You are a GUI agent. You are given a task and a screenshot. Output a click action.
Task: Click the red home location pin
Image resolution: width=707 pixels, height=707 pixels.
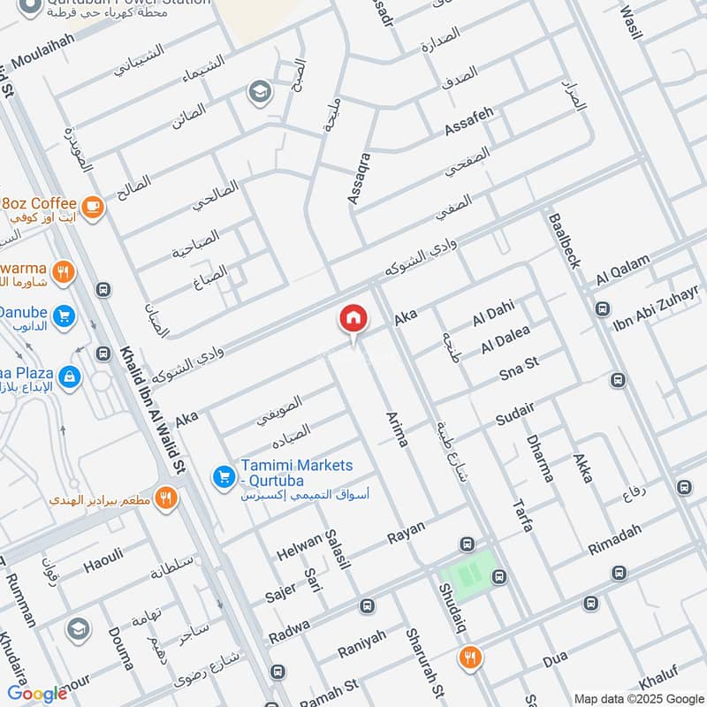[x=353, y=319]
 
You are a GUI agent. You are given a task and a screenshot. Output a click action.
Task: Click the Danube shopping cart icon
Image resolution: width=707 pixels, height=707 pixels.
[x=63, y=315]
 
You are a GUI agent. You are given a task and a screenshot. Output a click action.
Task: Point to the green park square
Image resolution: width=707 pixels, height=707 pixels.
[x=468, y=573]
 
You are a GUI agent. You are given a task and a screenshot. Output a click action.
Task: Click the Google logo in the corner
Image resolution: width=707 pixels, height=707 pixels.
[x=37, y=693]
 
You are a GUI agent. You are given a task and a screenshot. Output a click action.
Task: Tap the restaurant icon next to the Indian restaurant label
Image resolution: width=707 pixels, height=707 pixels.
[x=164, y=498]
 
